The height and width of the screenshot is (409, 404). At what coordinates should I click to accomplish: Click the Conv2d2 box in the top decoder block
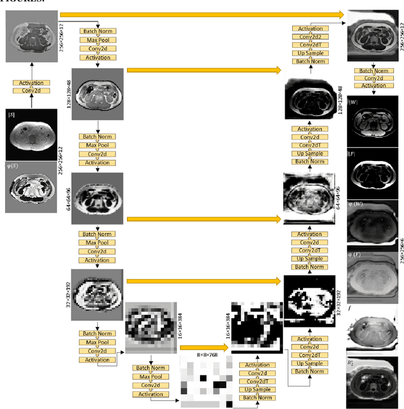pos(310,37)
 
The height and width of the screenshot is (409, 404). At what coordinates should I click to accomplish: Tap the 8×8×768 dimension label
pos(207,356)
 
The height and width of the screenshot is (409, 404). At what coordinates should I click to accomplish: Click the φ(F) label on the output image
pos(363,256)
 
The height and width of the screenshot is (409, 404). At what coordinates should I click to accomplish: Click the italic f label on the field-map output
pos(358,309)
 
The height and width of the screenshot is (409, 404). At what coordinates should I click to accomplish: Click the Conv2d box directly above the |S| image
pos(31,91)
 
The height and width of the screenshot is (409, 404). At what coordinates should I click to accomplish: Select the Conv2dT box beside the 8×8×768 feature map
pos(257,381)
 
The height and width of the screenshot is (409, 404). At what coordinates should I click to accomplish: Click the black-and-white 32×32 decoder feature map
pos(309,302)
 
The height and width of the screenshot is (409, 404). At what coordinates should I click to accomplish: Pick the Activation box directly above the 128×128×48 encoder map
pos(97,57)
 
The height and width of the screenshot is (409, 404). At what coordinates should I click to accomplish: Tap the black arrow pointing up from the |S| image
pos(31,101)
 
